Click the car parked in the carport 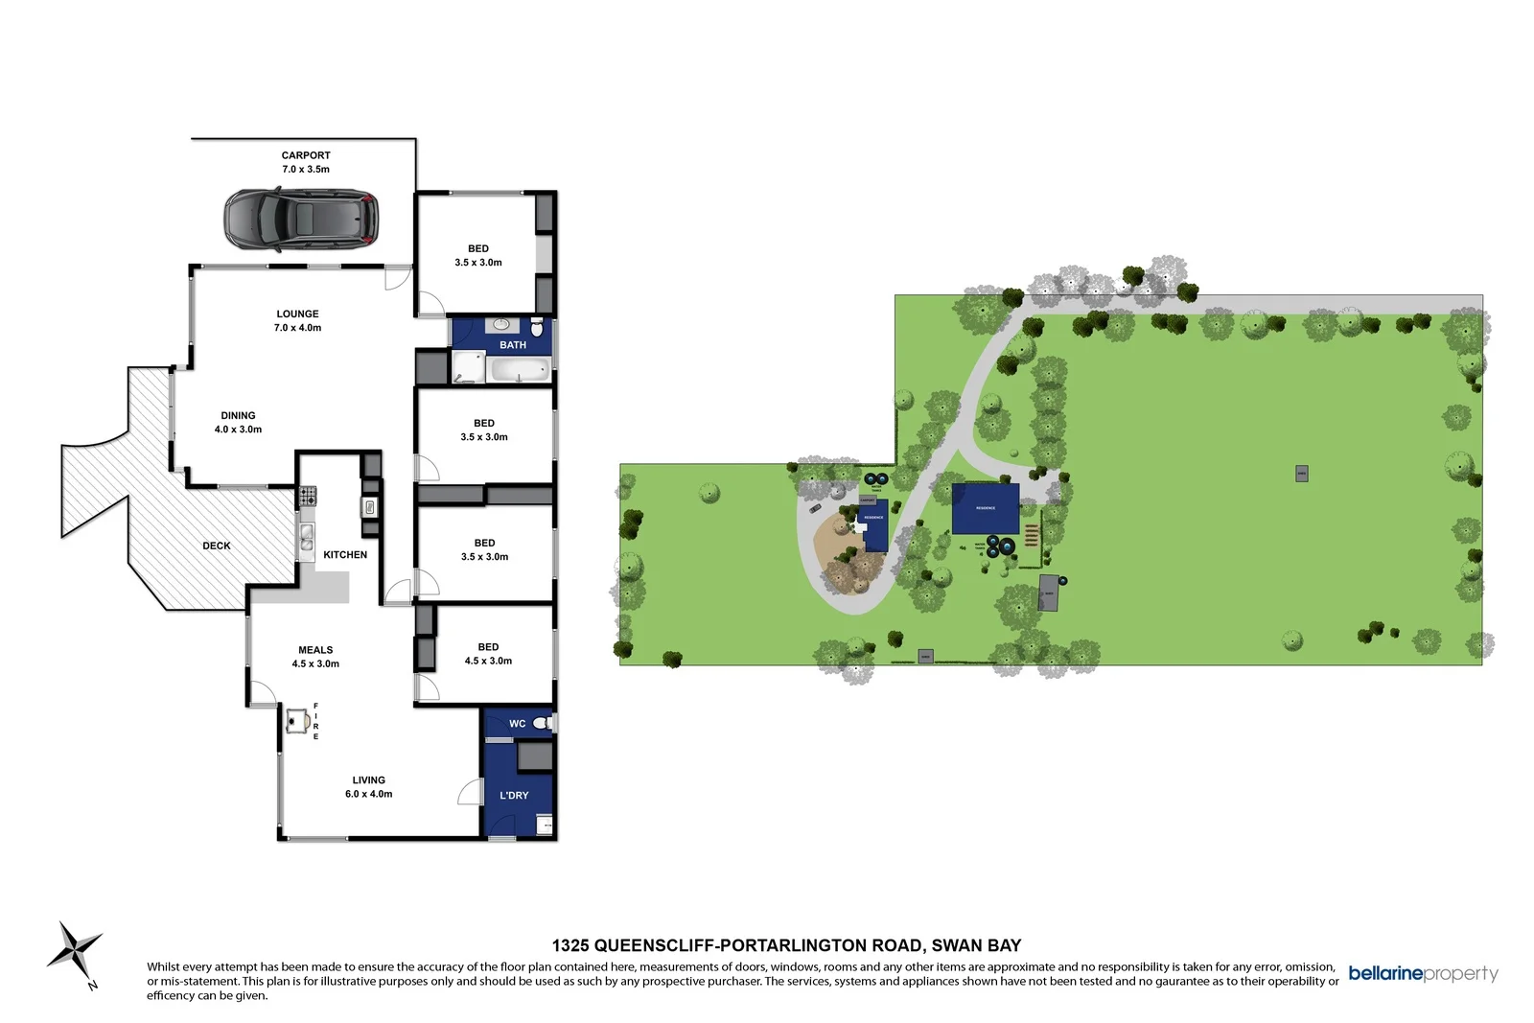coord(301,220)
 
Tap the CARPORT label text coord(306,155)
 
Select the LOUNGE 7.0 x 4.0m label coord(297,320)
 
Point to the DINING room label coord(238,416)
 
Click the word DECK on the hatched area coord(217,546)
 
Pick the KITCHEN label coord(345,555)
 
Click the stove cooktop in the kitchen coord(308,497)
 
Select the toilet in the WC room coord(542,723)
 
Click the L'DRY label coord(514,796)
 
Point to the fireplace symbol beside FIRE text coord(297,720)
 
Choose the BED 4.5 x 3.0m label coord(488,654)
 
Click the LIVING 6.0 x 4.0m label coord(368,787)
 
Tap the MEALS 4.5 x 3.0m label coord(315,657)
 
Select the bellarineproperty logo coord(1423,973)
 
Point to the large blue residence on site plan coord(986,508)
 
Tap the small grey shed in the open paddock coord(1301,474)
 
